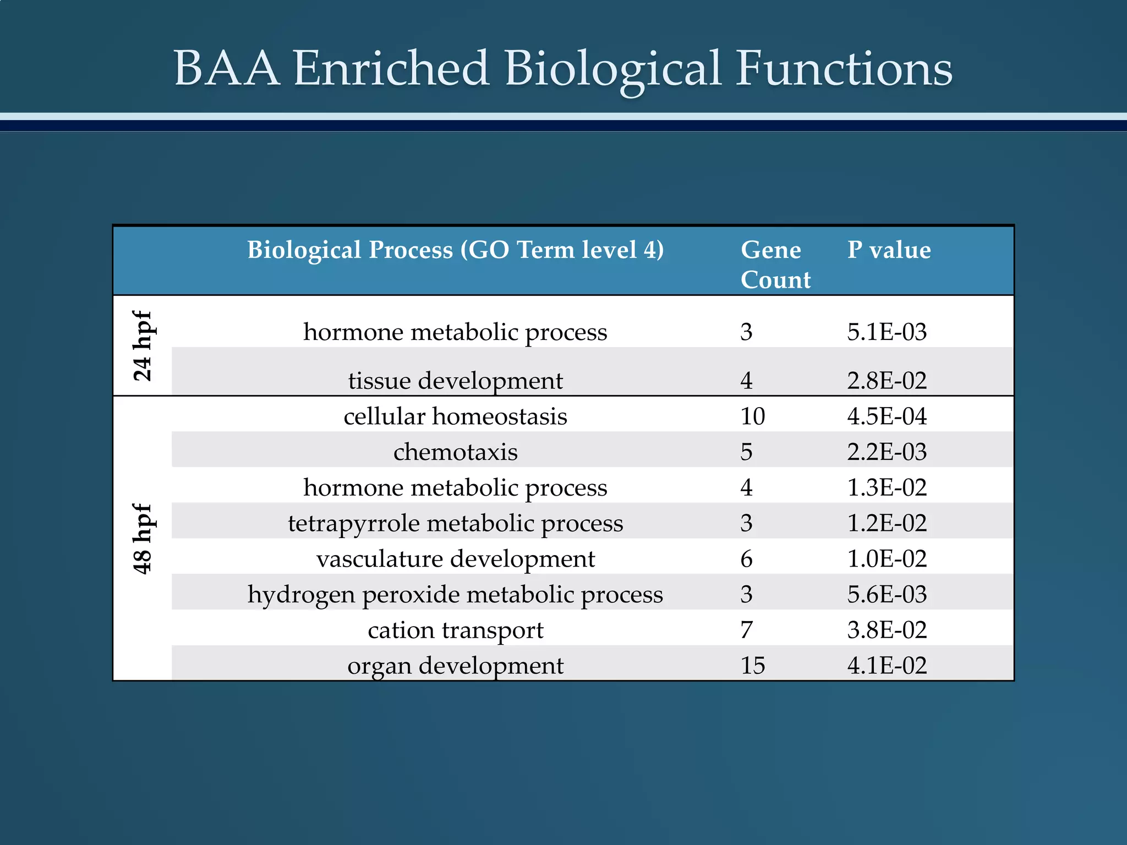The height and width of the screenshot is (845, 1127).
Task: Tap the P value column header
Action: pos(889,250)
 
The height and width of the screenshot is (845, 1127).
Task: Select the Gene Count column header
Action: pos(775,265)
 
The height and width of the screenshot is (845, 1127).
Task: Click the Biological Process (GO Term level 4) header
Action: pos(455,250)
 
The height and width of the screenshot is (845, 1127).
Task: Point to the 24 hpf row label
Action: pos(143,345)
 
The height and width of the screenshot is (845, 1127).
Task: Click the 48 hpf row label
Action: pos(143,539)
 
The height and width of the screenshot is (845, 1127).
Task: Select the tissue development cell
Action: pos(455,381)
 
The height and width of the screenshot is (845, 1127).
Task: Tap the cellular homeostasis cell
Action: pos(455,416)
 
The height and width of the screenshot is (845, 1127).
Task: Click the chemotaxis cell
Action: pos(455,452)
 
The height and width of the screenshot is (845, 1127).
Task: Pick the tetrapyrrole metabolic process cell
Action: pos(455,523)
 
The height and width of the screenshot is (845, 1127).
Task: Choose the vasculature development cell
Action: pos(455,559)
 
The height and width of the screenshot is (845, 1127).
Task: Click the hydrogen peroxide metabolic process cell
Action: pos(455,595)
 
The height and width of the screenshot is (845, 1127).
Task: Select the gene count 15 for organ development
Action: pos(752,666)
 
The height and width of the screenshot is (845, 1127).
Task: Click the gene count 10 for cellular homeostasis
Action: pos(752,416)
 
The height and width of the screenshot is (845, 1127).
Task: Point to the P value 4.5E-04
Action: pos(887,416)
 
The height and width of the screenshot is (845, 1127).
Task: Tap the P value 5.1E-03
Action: pos(887,332)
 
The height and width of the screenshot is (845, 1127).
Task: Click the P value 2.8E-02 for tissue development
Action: pos(887,381)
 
